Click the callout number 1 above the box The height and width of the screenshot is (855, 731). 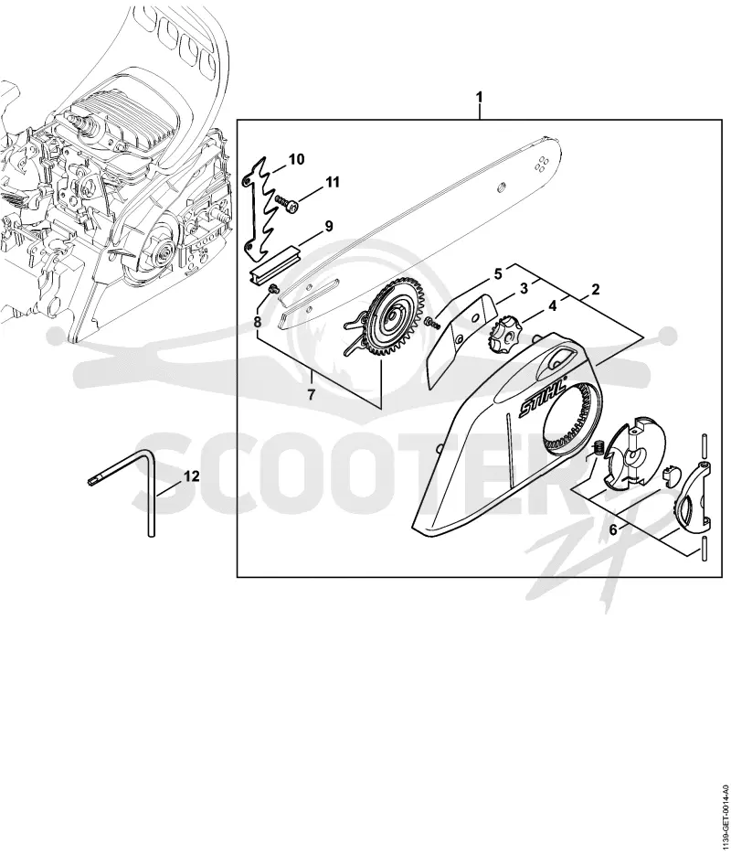pyautogui.click(x=480, y=97)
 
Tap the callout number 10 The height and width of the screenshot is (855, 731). pyautogui.click(x=296, y=159)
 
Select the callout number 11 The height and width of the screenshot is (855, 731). pyautogui.click(x=333, y=182)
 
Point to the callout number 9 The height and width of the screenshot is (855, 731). pyautogui.click(x=329, y=226)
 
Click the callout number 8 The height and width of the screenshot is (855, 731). pyautogui.click(x=258, y=322)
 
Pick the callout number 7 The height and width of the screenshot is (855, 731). pyautogui.click(x=311, y=395)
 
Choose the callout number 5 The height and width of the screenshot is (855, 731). pyautogui.click(x=498, y=273)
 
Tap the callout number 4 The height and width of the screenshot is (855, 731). pyautogui.click(x=552, y=306)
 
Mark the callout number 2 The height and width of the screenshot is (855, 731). pyautogui.click(x=596, y=289)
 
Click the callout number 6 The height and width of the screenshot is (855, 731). pyautogui.click(x=613, y=529)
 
